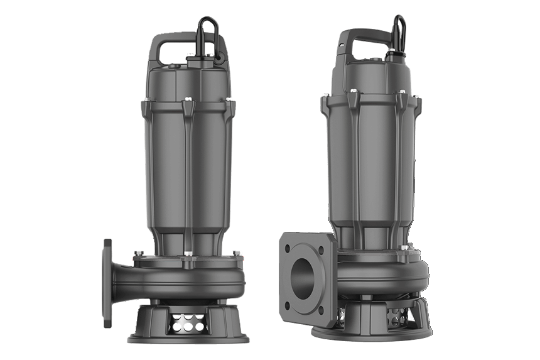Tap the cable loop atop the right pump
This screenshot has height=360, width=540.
click(399, 31)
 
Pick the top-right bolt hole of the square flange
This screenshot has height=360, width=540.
click(321, 250)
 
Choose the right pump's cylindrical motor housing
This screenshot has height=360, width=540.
click(370, 163)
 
